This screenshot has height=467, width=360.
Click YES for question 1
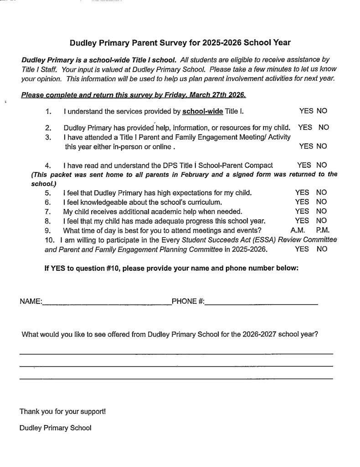[305, 111]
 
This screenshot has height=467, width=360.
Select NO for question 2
[324, 128]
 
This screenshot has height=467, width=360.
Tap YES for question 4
[304, 165]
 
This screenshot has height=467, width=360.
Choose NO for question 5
[321, 192]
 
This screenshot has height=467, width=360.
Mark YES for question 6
[302, 202]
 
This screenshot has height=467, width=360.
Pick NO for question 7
[321, 211]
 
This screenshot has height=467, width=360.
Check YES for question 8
[302, 221]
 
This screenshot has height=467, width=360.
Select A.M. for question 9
[297, 230]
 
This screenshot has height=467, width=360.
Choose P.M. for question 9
[319, 230]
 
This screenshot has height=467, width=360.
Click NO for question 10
[322, 249]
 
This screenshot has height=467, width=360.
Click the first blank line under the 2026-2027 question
[176, 353]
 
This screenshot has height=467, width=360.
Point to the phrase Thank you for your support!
[62, 411]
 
